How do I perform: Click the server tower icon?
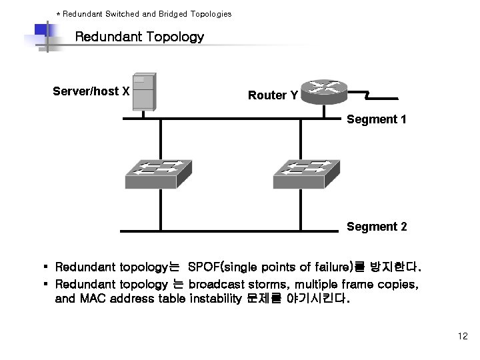pos(144,91)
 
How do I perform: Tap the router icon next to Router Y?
pos(323,91)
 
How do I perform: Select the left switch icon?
pos(158,174)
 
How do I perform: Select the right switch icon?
pos(306,174)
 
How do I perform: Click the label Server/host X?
pos(91,91)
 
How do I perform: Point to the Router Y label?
pos(273,95)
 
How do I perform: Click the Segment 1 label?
pos(377,120)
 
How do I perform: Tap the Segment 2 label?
pos(377,227)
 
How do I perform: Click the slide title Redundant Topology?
pos(139,37)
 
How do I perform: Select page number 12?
pos(463,337)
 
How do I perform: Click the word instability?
pos(214,299)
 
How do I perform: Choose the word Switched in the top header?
pos(121,13)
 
